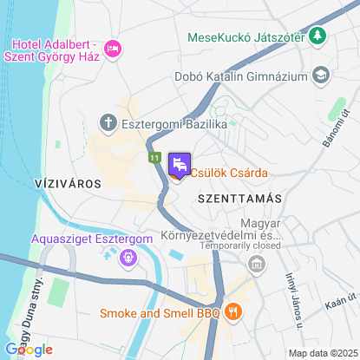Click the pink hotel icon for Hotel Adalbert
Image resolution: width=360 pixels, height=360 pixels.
[112, 49]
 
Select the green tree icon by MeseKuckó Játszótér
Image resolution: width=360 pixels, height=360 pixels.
[319, 36]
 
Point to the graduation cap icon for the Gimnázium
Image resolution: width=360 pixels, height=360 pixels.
[321, 75]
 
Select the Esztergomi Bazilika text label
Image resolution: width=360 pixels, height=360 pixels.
[173, 126]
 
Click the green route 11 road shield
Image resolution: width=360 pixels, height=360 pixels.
[154, 158]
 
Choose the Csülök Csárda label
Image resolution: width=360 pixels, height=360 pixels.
[230, 171]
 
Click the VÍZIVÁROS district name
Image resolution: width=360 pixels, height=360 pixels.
[67, 184]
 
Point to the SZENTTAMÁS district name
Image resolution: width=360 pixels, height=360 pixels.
[240, 199]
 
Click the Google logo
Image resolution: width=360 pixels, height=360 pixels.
[28, 350]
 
